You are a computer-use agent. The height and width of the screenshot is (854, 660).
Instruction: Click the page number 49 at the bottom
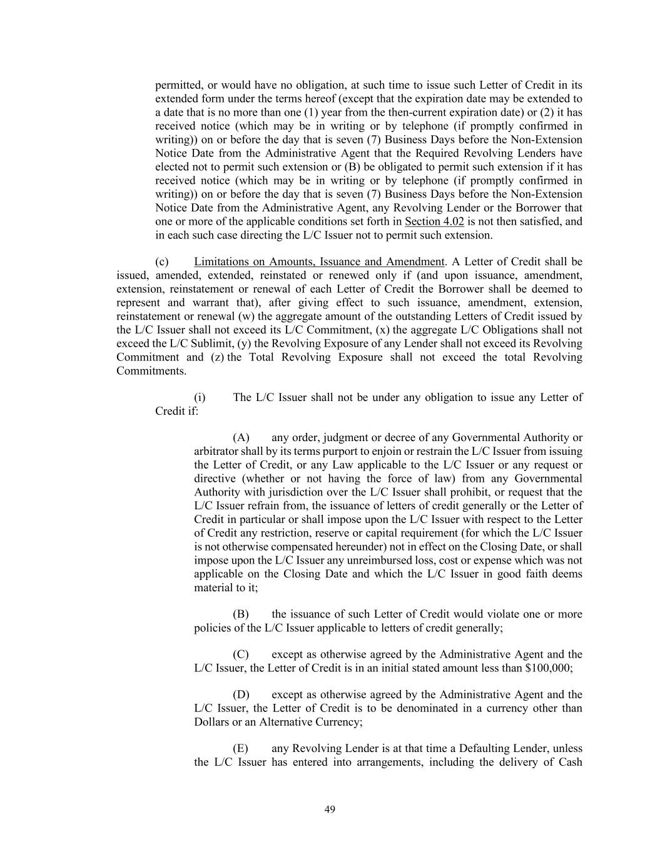[x=330, y=810]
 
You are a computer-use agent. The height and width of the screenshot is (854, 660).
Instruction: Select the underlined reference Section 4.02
[x=434, y=221]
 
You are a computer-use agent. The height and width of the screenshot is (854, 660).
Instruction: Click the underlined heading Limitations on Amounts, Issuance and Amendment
[x=319, y=262]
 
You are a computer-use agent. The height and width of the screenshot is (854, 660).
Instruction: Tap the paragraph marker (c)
[x=161, y=262]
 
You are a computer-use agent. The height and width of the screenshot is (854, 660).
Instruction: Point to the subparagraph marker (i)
[x=200, y=397]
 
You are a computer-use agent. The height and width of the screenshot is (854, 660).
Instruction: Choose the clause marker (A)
[x=241, y=437]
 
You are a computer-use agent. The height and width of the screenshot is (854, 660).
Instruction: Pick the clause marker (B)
[x=241, y=614]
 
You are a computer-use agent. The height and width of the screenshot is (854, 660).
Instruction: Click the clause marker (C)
[x=241, y=654]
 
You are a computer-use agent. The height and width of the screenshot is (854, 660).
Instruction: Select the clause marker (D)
[x=241, y=694]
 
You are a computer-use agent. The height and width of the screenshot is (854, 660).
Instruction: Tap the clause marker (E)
[x=241, y=748]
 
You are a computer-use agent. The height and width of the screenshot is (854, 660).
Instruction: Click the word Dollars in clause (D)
[x=212, y=722]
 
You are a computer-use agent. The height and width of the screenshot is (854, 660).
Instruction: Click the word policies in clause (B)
[x=213, y=628]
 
